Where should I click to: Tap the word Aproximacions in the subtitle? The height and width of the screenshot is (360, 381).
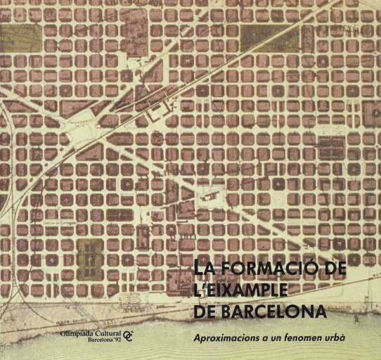pos(224,337)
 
